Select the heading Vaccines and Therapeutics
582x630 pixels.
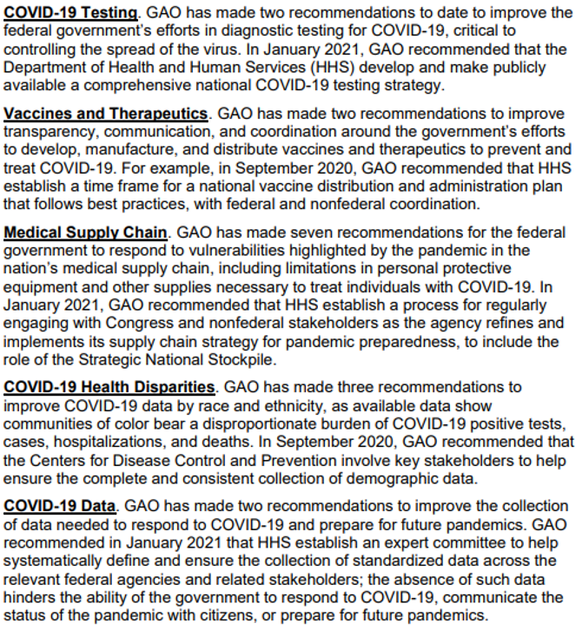tap(106, 114)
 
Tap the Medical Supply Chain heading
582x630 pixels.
tap(85, 233)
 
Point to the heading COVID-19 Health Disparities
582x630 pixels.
tap(109, 385)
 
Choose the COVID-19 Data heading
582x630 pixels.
tap(59, 505)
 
